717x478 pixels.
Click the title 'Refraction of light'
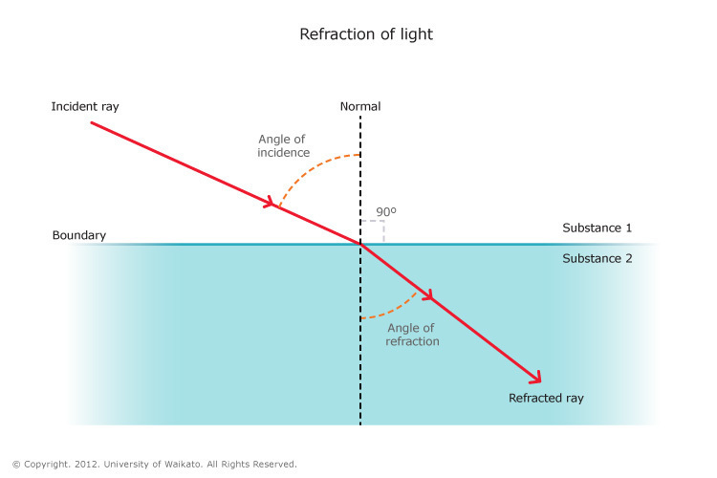click(366, 34)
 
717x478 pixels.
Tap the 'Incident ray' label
click(85, 106)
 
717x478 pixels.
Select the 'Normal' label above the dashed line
click(360, 106)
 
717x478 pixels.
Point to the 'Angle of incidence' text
click(282, 145)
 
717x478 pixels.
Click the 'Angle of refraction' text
click(412, 335)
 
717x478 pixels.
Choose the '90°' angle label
click(385, 211)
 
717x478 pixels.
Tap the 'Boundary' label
click(79, 235)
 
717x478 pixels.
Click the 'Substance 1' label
click(597, 228)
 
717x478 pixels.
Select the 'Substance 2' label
click(597, 258)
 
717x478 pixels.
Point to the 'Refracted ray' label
click(546, 398)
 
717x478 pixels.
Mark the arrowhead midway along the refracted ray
click(430, 297)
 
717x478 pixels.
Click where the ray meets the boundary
click(360, 244)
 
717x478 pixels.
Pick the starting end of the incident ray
click(92, 123)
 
